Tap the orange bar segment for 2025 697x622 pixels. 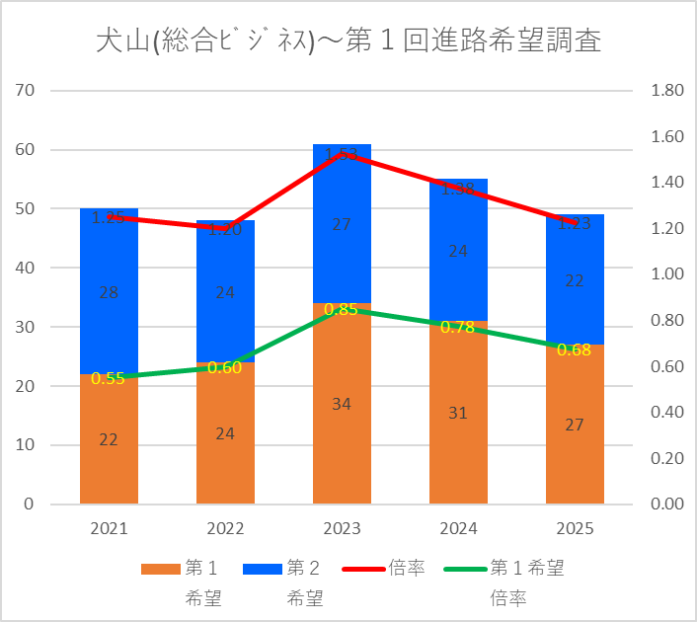point(575,454)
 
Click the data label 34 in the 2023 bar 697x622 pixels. point(342,403)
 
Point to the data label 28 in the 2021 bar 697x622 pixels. point(109,292)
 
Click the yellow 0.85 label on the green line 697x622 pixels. point(342,310)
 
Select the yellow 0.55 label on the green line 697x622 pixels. point(109,378)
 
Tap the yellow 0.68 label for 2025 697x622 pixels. point(575,350)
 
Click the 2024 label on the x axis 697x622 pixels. point(458,529)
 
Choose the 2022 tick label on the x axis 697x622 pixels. point(225,529)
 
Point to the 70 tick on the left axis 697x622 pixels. point(26,91)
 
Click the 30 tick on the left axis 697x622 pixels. point(26,327)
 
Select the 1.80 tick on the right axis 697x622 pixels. point(667,91)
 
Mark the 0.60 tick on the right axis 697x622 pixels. point(667,366)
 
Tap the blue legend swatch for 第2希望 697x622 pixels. point(261,569)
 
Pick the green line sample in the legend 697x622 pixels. point(463,569)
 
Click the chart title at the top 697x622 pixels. point(348,40)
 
